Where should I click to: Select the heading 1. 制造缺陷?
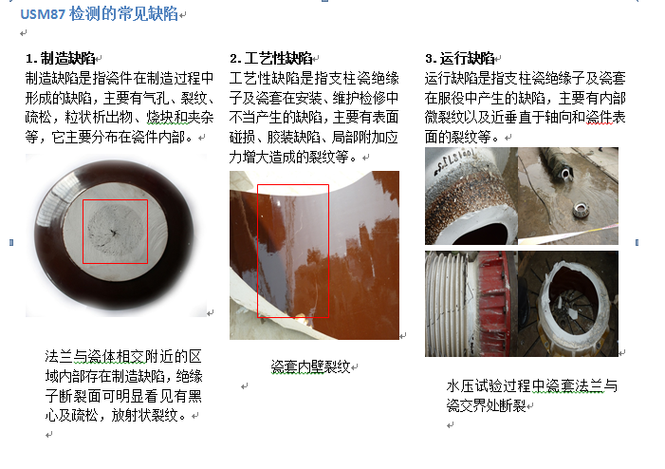[63, 59]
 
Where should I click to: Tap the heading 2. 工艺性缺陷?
[269, 59]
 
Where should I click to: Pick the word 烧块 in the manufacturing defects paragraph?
[160, 118]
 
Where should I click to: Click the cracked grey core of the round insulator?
[114, 231]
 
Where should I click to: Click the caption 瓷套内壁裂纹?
[310, 366]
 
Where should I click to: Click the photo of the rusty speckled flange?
[470, 195]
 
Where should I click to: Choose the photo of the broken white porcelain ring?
[569, 302]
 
